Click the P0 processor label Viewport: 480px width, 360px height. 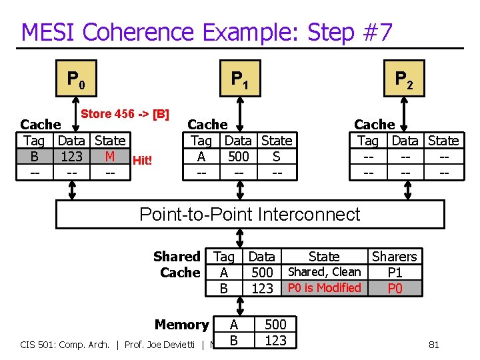pyautogui.click(x=75, y=80)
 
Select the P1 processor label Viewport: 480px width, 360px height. pyautogui.click(x=240, y=80)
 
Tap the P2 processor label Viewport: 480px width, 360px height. pyautogui.click(x=404, y=80)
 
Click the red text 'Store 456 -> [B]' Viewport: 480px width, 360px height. pyautogui.click(x=125, y=114)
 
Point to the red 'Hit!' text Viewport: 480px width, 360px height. pyautogui.click(x=143, y=160)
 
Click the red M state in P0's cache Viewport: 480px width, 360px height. pyautogui.click(x=110, y=157)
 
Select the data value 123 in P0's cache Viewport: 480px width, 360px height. pyautogui.click(x=71, y=157)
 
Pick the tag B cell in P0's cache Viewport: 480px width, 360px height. pyautogui.click(x=34, y=157)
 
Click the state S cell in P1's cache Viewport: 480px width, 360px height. pyautogui.click(x=277, y=157)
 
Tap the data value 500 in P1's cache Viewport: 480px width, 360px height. pyautogui.click(x=238, y=157)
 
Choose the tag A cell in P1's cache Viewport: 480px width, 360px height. pyautogui.click(x=201, y=157)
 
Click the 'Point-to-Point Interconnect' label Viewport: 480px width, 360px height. pyautogui.click(x=249, y=214)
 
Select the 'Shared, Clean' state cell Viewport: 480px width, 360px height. pyautogui.click(x=324, y=272)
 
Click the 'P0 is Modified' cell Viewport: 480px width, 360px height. pyautogui.click(x=324, y=288)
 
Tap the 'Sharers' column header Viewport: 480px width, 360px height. pyautogui.click(x=394, y=257)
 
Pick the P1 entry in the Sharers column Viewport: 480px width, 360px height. pyautogui.click(x=395, y=273)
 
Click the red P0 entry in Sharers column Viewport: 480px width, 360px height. pyautogui.click(x=395, y=289)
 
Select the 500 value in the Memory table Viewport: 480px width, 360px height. pyautogui.click(x=275, y=325)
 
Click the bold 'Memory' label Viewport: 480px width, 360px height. pyautogui.click(x=181, y=325)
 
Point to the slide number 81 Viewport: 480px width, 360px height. pyautogui.click(x=433, y=345)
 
